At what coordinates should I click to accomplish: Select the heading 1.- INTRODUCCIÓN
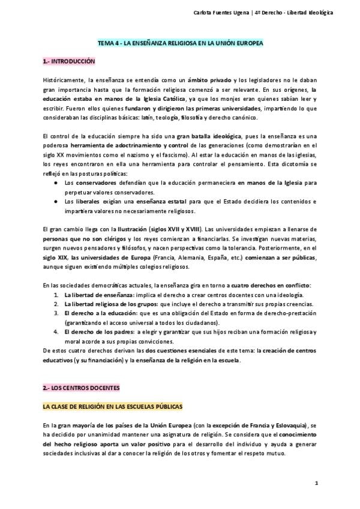(x=68, y=61)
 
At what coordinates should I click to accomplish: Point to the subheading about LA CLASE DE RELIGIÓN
(x=112, y=406)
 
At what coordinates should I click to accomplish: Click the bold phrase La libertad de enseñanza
(x=99, y=295)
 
